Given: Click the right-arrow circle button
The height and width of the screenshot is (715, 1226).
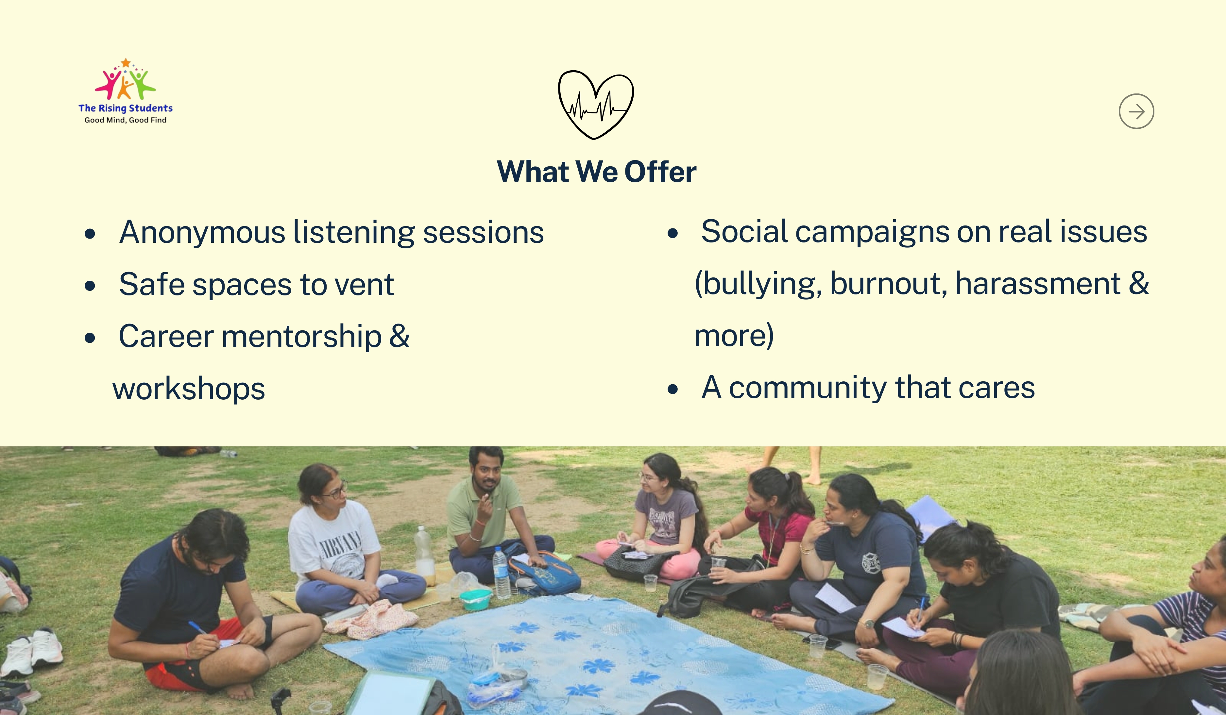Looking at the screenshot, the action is click(x=1136, y=111).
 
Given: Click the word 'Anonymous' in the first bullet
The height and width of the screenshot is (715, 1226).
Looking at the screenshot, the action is click(x=202, y=232).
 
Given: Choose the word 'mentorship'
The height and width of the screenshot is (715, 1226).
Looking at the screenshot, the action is click(x=302, y=337).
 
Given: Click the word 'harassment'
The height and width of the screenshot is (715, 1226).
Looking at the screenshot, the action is click(x=1038, y=284).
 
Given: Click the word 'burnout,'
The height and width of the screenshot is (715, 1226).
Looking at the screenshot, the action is click(x=888, y=284).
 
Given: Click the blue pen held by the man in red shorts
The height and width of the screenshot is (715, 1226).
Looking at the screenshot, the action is click(x=197, y=627).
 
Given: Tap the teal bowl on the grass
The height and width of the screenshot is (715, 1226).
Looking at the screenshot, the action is click(x=475, y=599).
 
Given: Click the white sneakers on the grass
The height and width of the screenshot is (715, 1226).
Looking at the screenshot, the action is click(x=32, y=652).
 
